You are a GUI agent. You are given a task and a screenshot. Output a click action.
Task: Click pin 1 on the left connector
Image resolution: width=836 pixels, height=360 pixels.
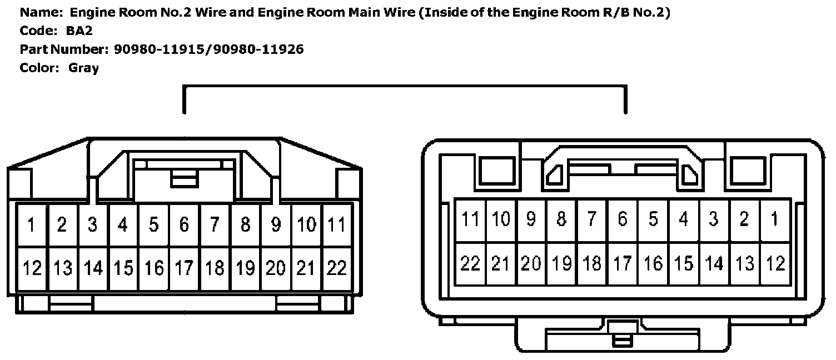pyautogui.click(x=32, y=225)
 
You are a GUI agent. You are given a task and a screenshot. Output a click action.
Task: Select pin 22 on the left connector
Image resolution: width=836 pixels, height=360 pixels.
pyautogui.click(x=336, y=268)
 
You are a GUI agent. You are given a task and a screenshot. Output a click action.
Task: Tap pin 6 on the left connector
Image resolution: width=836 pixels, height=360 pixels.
pyautogui.click(x=184, y=225)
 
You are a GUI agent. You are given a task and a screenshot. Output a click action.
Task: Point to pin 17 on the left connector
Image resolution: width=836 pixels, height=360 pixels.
pyautogui.click(x=184, y=268)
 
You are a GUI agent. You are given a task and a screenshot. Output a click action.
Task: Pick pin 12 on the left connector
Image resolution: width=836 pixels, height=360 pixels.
pyautogui.click(x=32, y=268)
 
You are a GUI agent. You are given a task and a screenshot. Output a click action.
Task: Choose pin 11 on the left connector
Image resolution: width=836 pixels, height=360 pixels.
pyautogui.click(x=336, y=225)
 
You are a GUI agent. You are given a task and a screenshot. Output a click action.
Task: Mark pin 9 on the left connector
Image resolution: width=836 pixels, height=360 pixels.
pyautogui.click(x=276, y=225)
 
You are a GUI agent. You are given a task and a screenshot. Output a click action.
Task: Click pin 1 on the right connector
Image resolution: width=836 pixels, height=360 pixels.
pyautogui.click(x=774, y=219)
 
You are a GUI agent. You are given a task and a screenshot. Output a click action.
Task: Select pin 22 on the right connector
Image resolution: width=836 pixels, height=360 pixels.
pyautogui.click(x=470, y=263)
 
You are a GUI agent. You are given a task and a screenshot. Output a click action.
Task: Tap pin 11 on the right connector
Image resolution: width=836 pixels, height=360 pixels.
pyautogui.click(x=470, y=219)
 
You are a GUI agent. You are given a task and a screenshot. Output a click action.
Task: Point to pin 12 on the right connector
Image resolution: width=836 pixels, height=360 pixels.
pyautogui.click(x=774, y=263)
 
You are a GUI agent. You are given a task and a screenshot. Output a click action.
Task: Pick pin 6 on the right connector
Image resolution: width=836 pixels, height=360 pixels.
pyautogui.click(x=622, y=219)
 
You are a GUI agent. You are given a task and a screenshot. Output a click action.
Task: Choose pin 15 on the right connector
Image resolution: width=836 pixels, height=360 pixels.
pyautogui.click(x=683, y=263)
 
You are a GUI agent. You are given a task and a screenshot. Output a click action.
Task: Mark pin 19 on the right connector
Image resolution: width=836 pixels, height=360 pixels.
pyautogui.click(x=561, y=263)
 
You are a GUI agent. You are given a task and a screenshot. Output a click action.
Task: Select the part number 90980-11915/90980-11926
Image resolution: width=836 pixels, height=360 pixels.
pyautogui.click(x=208, y=49)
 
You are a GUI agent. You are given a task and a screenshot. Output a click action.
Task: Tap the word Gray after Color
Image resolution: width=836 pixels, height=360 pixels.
pyautogui.click(x=83, y=68)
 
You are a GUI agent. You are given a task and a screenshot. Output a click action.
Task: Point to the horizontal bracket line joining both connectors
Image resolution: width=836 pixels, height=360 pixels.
pyautogui.click(x=405, y=87)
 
